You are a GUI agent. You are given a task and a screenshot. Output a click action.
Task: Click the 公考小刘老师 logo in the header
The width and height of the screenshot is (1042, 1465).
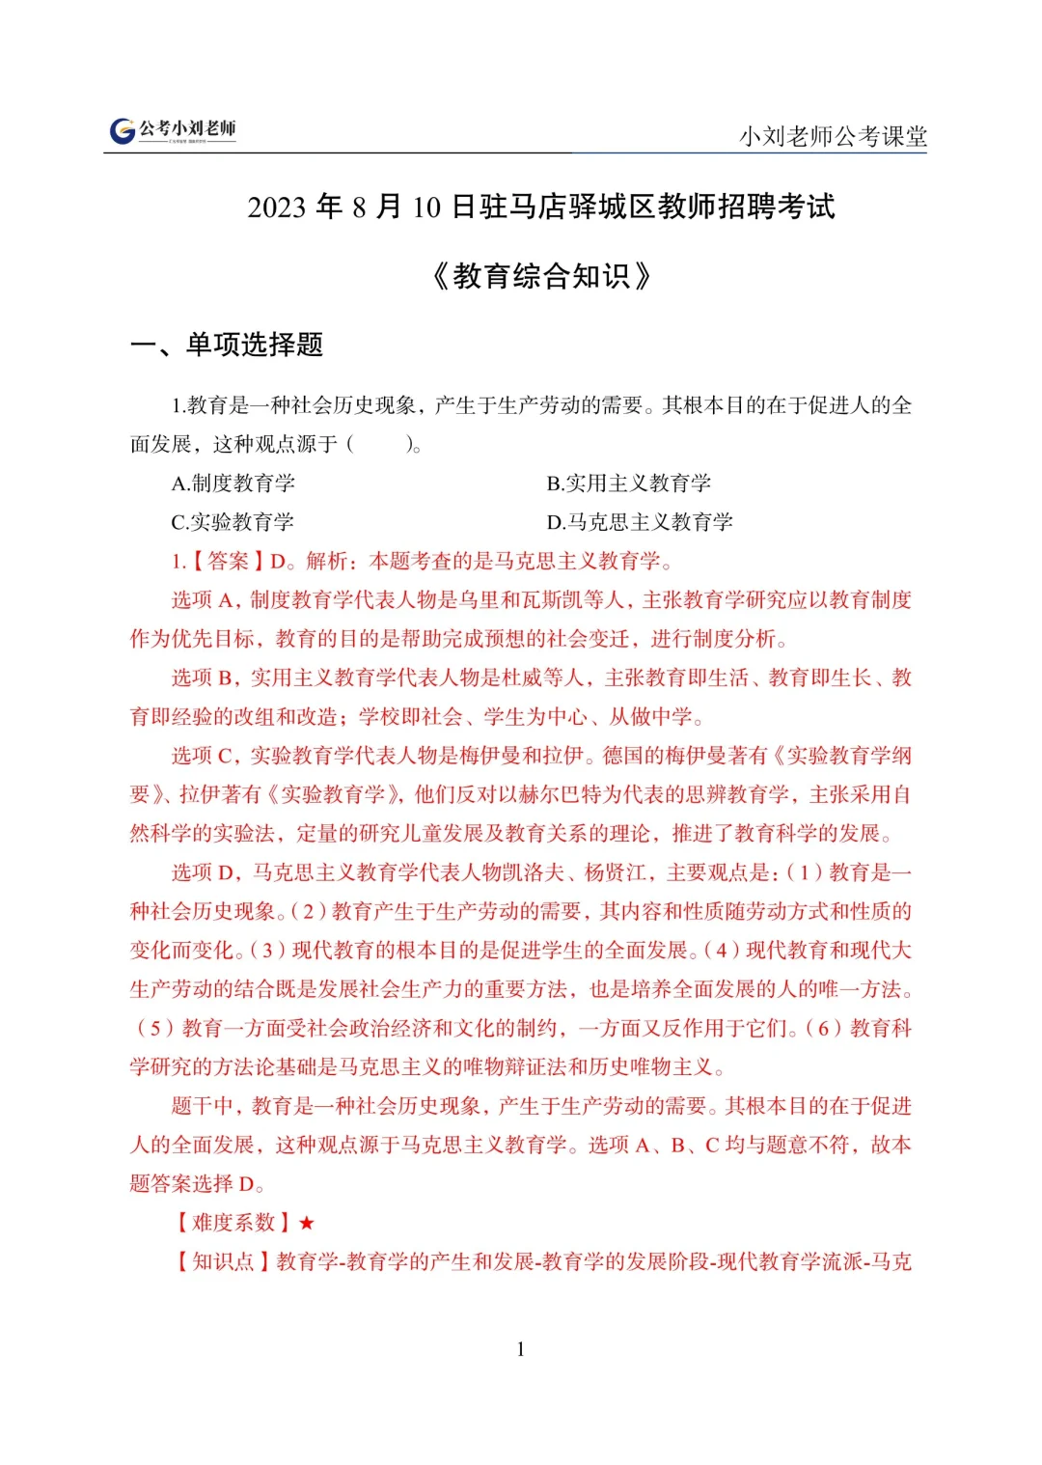tap(173, 130)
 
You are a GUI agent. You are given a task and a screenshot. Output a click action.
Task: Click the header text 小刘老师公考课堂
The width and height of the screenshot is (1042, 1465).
tap(833, 136)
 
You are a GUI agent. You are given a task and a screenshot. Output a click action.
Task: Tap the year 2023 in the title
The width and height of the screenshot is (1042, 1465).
tap(276, 207)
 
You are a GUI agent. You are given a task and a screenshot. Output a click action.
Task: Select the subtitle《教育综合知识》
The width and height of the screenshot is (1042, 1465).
tap(541, 277)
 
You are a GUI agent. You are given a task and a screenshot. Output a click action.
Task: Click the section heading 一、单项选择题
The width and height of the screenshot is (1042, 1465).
tap(227, 345)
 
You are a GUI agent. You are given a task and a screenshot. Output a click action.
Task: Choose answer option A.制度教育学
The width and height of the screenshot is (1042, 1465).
tap(233, 483)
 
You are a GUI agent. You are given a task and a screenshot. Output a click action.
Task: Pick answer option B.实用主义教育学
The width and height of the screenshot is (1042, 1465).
tap(629, 483)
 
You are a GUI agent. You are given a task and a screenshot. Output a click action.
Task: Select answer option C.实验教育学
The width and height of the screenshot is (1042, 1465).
tap(233, 522)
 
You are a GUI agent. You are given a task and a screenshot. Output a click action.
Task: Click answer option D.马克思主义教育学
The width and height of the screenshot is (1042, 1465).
tap(640, 522)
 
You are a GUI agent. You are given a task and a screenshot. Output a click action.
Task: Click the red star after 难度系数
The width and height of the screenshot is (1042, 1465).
tap(307, 1223)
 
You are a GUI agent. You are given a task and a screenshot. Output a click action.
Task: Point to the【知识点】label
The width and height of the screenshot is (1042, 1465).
tap(223, 1261)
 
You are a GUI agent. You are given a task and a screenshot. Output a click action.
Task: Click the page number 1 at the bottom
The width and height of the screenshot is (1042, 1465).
tap(521, 1349)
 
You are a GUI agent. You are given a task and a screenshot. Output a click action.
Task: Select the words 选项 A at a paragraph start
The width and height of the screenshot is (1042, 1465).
tap(206, 600)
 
